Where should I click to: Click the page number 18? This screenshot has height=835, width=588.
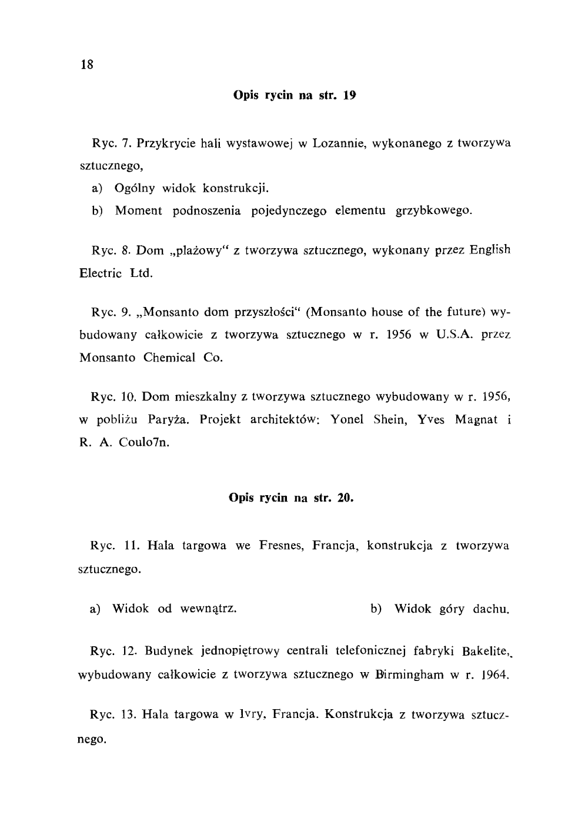pos(87,65)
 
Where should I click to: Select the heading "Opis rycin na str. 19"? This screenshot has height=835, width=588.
pos(295,94)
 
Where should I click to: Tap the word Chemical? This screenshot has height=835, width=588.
pos(169,358)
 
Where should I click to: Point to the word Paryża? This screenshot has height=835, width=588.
pos(166,419)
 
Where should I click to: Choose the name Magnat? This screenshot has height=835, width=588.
pos(477,419)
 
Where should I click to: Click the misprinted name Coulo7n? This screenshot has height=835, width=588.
pos(144,442)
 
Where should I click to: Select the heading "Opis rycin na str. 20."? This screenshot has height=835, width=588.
pos(291,498)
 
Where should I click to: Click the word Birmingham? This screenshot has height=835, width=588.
pos(406,674)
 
